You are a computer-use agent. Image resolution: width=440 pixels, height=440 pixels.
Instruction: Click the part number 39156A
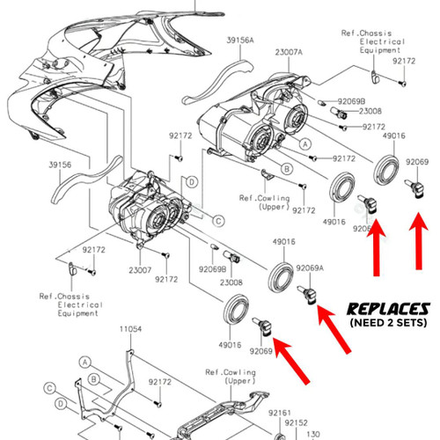click(x=239, y=40)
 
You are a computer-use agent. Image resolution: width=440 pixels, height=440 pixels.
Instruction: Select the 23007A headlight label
click(x=289, y=52)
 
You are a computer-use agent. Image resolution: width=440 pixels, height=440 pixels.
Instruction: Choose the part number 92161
click(x=281, y=412)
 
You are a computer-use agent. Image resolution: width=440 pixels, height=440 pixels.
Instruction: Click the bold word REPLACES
click(x=388, y=310)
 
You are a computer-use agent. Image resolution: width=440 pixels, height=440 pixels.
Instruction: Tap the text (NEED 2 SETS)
click(x=388, y=324)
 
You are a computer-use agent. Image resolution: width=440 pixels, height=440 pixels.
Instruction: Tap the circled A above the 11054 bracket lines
click(x=85, y=360)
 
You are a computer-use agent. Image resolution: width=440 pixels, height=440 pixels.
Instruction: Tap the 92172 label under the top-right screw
click(x=404, y=63)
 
